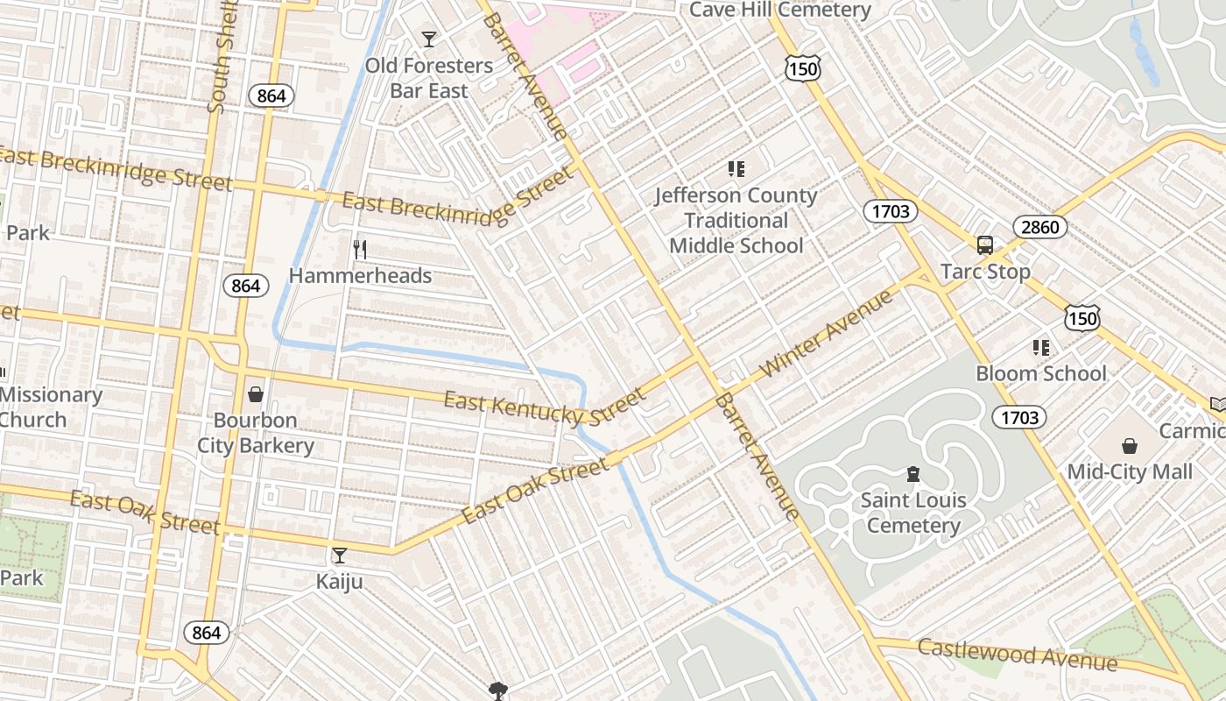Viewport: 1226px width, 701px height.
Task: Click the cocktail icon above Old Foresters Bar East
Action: click(428, 39)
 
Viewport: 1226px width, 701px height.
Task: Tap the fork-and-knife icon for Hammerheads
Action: click(359, 250)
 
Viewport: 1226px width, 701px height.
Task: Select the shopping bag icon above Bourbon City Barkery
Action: click(256, 394)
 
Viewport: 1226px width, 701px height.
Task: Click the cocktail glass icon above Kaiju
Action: click(339, 556)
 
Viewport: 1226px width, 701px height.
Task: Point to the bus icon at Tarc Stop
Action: click(985, 245)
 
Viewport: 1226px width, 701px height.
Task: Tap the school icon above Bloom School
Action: click(1041, 348)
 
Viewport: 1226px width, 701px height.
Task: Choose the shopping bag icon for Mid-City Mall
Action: click(1130, 446)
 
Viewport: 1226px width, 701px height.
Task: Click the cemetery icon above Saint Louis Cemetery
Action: click(912, 475)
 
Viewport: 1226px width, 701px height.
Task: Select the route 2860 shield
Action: click(1040, 228)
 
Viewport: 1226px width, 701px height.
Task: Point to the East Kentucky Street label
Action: click(544, 407)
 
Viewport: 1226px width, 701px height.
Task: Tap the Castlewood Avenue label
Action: click(1017, 654)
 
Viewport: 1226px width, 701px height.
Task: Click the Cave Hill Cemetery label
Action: click(779, 11)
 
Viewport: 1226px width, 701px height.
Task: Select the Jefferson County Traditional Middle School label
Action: click(736, 221)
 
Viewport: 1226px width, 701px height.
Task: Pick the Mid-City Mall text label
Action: click(1130, 472)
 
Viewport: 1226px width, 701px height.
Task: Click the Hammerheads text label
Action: click(360, 276)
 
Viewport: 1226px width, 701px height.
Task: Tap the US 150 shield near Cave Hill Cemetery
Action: click(802, 69)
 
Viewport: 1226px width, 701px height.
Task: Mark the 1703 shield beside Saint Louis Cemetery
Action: click(1020, 418)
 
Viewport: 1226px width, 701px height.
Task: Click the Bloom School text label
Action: click(1041, 373)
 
